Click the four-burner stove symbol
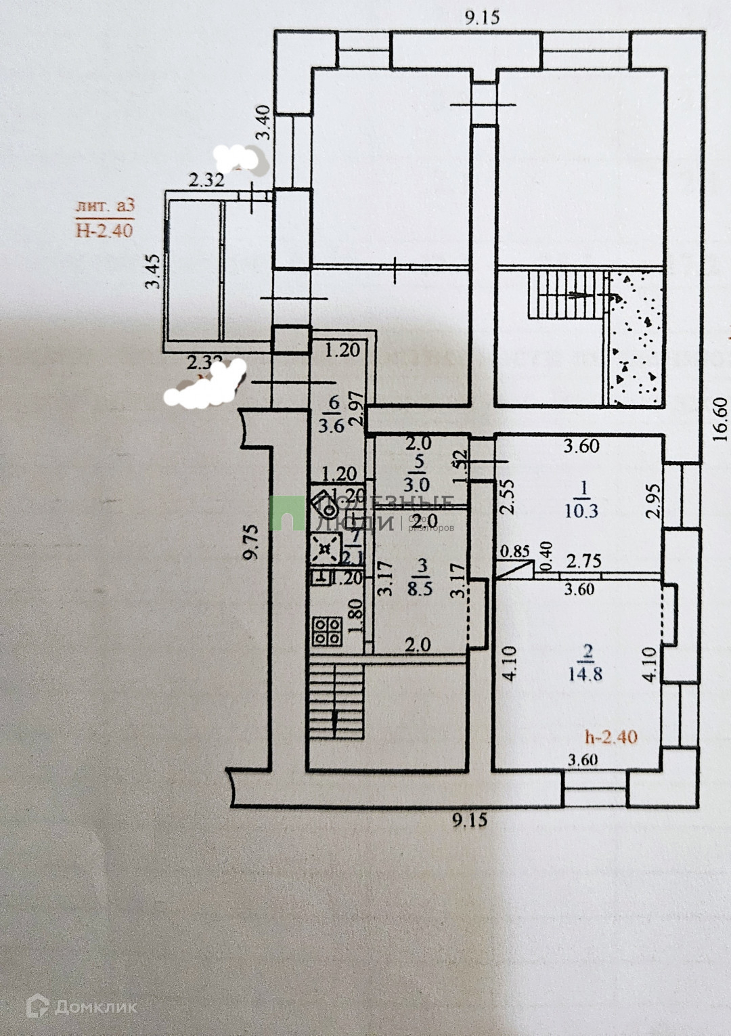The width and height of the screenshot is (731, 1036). click(x=327, y=631)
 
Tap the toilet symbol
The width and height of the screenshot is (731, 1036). click(x=324, y=501)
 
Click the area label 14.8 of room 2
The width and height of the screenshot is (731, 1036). click(x=586, y=674)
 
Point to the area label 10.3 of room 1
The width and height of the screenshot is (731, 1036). click(x=581, y=511)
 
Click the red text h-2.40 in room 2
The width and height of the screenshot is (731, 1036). click(x=611, y=736)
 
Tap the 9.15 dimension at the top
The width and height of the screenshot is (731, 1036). click(x=482, y=18)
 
